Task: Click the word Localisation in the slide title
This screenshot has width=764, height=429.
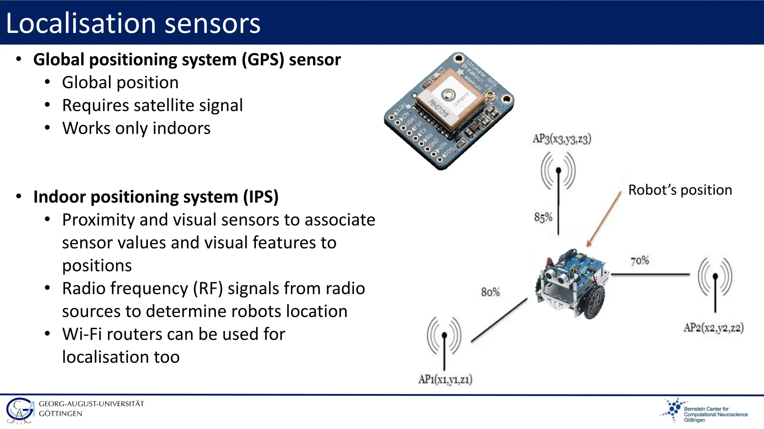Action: (x=81, y=23)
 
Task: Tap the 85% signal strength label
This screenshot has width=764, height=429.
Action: (x=543, y=217)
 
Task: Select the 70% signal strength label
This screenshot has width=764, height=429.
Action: (x=640, y=261)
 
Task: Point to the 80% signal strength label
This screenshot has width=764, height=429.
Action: (x=490, y=292)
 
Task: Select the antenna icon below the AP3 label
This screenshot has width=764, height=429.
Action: (x=558, y=171)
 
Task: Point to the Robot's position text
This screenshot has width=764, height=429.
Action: (x=680, y=190)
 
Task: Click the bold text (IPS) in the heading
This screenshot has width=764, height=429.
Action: (x=261, y=197)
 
